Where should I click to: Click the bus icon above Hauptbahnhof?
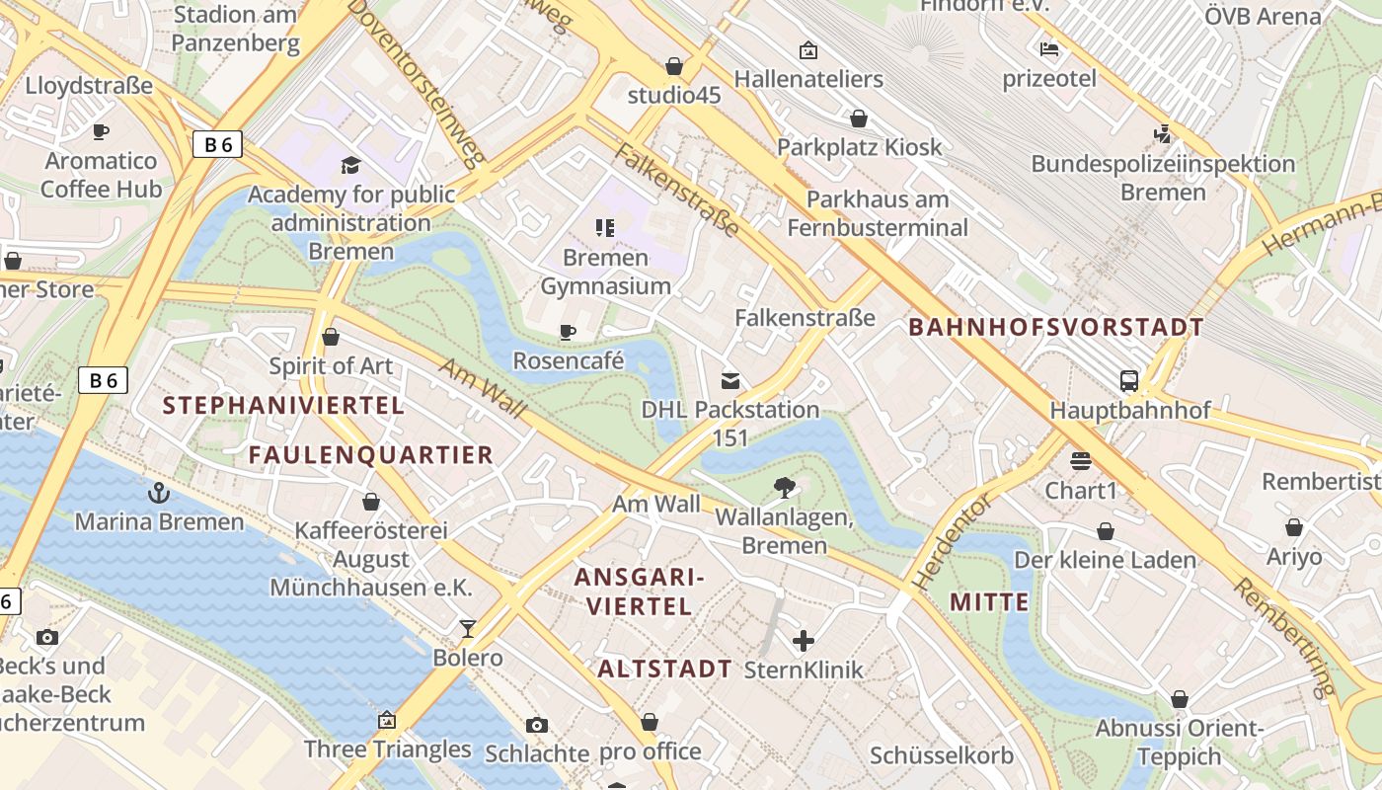[x=1129, y=380]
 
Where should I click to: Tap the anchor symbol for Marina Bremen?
[x=158, y=491]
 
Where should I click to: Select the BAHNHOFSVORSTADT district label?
[x=1055, y=327]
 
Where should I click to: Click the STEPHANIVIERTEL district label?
[x=283, y=405]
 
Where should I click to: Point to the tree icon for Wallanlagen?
[x=785, y=487]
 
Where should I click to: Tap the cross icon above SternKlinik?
[x=804, y=641]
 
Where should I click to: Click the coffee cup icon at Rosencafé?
[x=568, y=332]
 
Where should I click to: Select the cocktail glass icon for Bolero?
[x=468, y=628]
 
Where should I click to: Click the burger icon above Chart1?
[x=1081, y=461]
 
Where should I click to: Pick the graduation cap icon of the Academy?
[x=350, y=165]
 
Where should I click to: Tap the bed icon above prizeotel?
[x=1049, y=48]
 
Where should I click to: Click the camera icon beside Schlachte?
[x=536, y=726]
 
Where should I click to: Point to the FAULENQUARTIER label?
[x=370, y=454]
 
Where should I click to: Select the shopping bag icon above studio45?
[x=674, y=66]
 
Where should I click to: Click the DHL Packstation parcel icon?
[x=730, y=380]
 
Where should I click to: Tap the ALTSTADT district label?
[x=664, y=669]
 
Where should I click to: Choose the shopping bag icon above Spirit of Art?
[x=331, y=337]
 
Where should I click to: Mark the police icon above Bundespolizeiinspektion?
[x=1163, y=133]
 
